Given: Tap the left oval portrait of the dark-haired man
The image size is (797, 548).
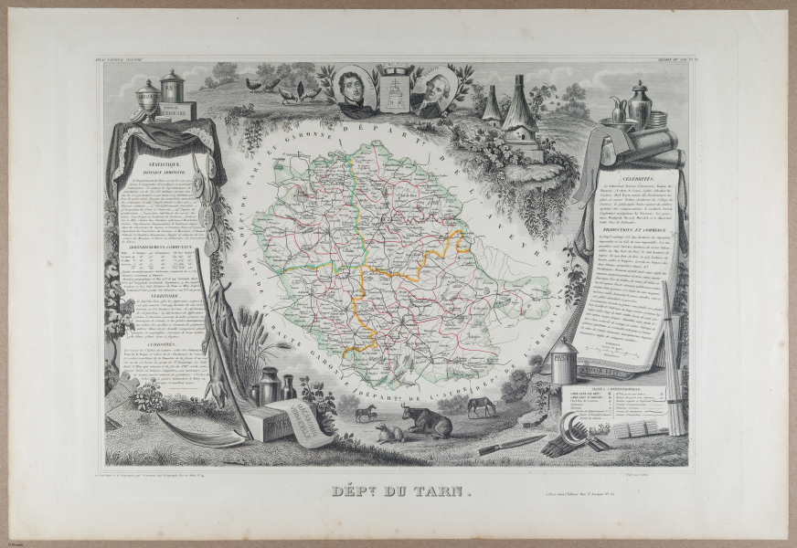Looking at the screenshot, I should click(x=354, y=90).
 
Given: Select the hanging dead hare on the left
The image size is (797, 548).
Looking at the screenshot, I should click(x=219, y=338).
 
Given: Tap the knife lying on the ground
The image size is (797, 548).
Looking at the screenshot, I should click(x=511, y=444).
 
